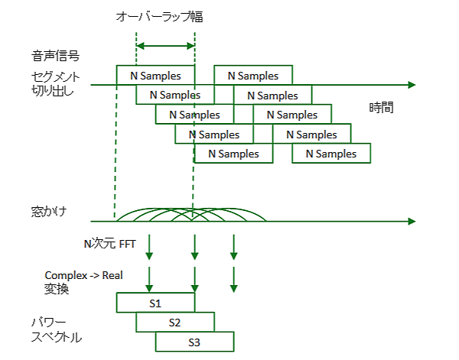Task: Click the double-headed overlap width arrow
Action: (x=165, y=47)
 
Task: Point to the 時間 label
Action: (x=381, y=107)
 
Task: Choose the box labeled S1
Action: (x=155, y=303)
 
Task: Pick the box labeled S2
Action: (x=175, y=322)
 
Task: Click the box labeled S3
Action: (x=194, y=341)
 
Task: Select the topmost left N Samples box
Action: (x=155, y=76)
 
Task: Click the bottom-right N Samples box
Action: (x=331, y=154)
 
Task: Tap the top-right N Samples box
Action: (x=253, y=76)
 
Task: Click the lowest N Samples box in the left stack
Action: (x=233, y=154)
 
